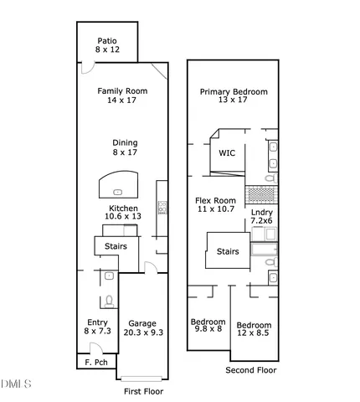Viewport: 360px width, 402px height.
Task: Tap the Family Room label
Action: (121, 95)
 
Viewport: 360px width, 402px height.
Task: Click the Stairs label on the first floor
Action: (115, 246)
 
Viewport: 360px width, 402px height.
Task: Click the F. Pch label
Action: (95, 363)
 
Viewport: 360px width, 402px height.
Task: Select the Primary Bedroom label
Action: (234, 95)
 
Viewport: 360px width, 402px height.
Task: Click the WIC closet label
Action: (227, 153)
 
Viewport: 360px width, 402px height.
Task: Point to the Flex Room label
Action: (216, 205)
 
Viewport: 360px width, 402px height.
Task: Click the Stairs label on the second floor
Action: (228, 251)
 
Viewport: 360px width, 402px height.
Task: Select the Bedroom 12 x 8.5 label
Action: (254, 330)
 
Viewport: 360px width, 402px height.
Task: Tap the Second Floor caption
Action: (251, 369)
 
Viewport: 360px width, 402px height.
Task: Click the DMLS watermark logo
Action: (15, 384)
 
